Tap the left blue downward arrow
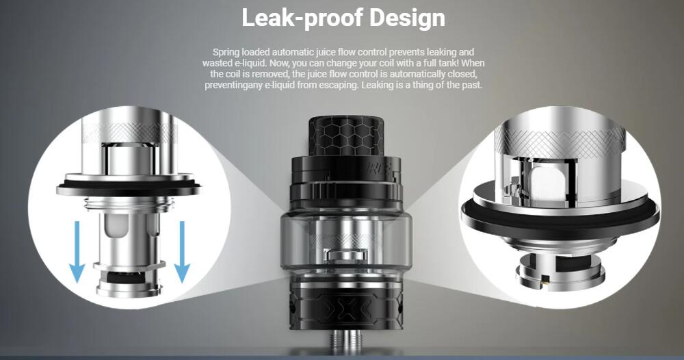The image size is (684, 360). tap(78, 252)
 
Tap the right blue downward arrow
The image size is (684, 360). tap(182, 252)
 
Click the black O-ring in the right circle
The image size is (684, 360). tap(560, 218)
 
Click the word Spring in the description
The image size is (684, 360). tap(226, 53)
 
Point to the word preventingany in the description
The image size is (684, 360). tap(234, 85)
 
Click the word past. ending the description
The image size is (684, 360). tap(472, 85)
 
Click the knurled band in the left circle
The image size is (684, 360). tap(130, 132)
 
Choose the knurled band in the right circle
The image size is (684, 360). tap(560, 138)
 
